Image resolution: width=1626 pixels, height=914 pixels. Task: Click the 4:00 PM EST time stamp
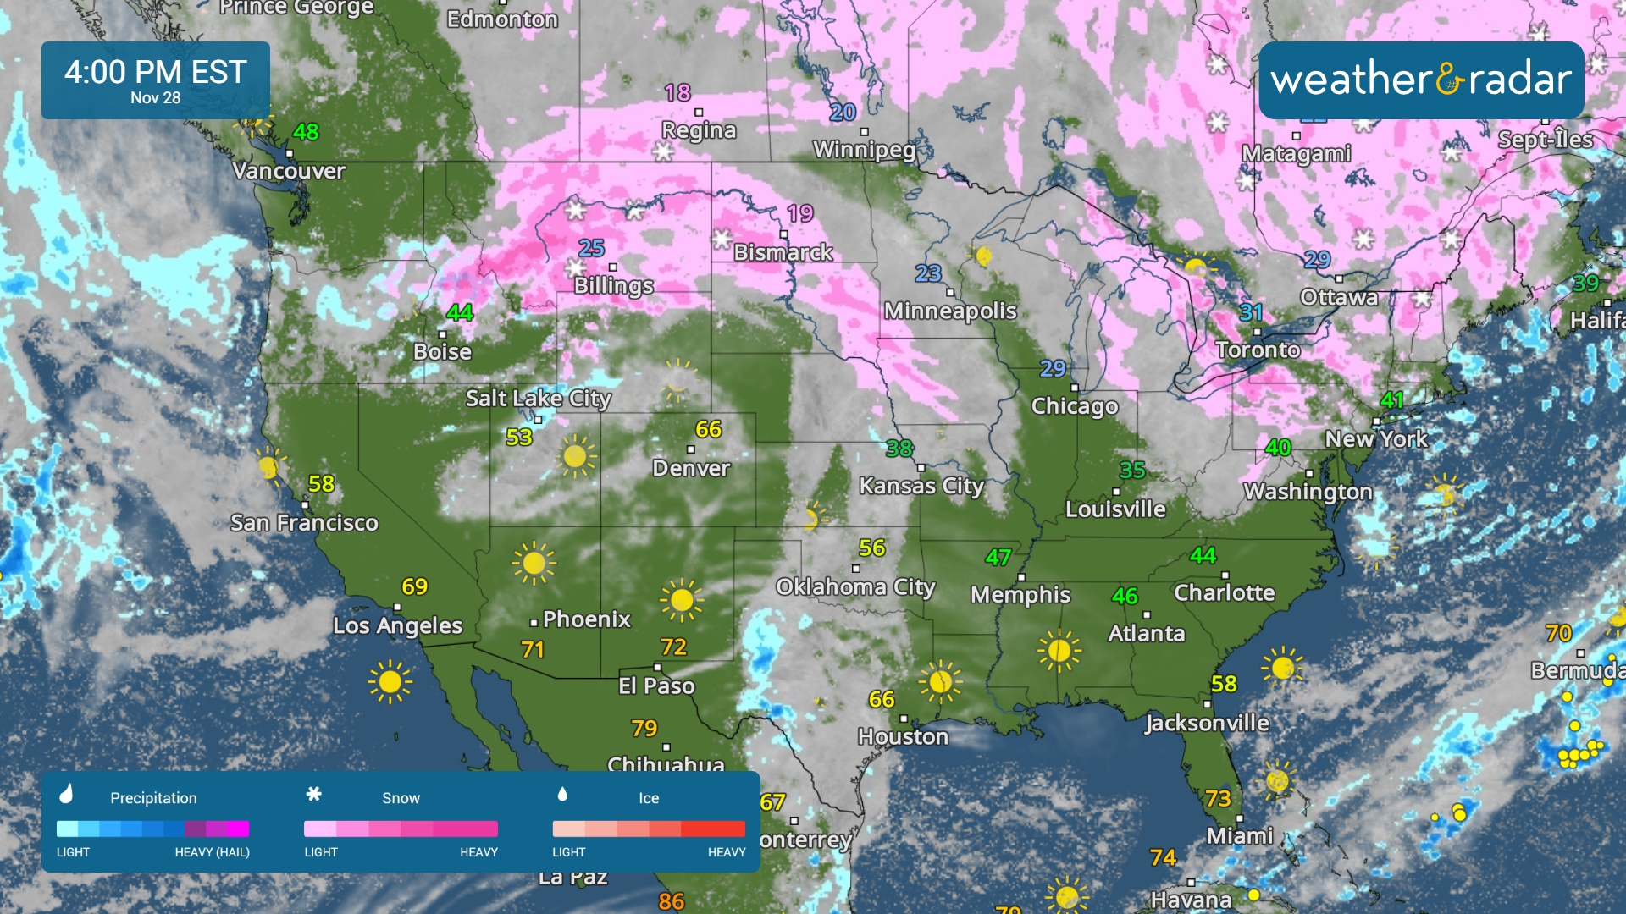click(x=156, y=72)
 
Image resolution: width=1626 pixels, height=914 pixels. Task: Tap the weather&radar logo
click(x=1421, y=80)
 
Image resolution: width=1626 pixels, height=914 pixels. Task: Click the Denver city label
click(x=691, y=468)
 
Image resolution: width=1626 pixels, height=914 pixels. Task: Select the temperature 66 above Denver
click(x=708, y=429)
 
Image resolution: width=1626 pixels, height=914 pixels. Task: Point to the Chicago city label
click(x=1075, y=406)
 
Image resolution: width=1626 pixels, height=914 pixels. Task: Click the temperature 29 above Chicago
click(x=1053, y=368)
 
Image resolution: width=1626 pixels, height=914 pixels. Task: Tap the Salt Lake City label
click(x=539, y=398)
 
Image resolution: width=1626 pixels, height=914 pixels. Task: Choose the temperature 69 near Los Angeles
click(x=415, y=586)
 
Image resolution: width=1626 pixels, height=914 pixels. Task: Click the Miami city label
click(x=1240, y=836)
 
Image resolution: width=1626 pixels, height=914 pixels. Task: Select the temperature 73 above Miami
click(x=1218, y=798)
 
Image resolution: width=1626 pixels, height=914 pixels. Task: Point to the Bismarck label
click(x=783, y=252)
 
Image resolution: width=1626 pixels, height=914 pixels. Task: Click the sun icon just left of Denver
click(x=576, y=457)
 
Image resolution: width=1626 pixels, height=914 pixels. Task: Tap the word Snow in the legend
click(x=401, y=798)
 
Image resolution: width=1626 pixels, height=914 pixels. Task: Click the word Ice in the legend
click(x=649, y=798)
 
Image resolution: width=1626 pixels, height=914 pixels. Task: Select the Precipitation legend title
click(x=153, y=798)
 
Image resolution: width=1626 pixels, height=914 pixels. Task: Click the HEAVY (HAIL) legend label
click(x=212, y=852)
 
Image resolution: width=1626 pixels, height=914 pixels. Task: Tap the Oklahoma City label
click(x=855, y=587)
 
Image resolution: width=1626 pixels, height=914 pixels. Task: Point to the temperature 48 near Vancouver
click(x=306, y=132)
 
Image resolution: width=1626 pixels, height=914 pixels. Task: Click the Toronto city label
click(x=1258, y=350)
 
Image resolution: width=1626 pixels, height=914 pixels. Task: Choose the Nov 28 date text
click(x=156, y=98)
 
